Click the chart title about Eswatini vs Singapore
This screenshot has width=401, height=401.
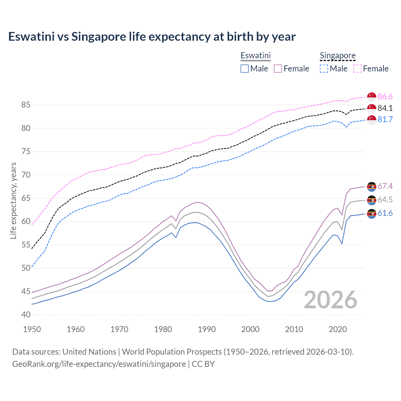(x=152, y=37)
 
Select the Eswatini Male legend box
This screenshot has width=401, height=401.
(x=244, y=69)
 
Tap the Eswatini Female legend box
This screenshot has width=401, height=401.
(x=278, y=69)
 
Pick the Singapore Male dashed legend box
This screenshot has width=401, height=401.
(x=324, y=69)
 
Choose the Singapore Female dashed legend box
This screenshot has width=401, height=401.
(x=357, y=69)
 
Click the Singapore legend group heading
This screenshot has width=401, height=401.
(x=337, y=56)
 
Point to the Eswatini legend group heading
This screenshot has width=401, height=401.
(x=255, y=56)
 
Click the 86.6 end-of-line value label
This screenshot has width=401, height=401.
(x=385, y=96)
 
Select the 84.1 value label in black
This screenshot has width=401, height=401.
(x=385, y=108)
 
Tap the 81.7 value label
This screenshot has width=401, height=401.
(x=385, y=119)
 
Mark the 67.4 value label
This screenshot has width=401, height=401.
(x=385, y=186)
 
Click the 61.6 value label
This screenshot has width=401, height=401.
(x=385, y=213)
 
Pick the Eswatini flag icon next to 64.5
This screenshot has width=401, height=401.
(x=372, y=200)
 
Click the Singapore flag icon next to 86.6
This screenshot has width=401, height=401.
(x=372, y=96)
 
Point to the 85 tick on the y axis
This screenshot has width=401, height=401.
(x=26, y=105)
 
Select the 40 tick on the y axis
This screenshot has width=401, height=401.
(x=26, y=315)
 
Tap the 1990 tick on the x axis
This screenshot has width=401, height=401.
(x=207, y=329)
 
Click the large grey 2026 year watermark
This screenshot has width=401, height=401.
(x=330, y=300)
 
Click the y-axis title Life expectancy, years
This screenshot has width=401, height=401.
(x=13, y=200)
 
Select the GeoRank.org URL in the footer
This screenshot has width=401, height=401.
(x=99, y=364)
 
